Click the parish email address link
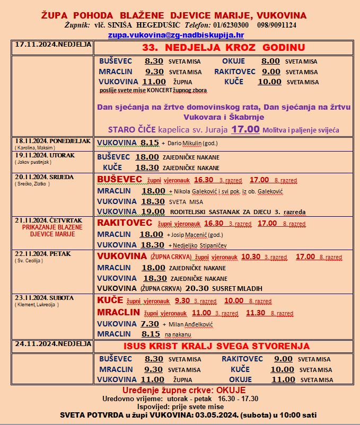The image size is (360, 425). coord(176,35)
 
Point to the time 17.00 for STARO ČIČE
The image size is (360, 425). coord(244,129)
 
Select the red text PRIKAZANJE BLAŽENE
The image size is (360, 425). coord(51,226)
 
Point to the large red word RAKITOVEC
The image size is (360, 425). coord(125,223)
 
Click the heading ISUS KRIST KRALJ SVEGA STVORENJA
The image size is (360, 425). coord(216,346)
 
